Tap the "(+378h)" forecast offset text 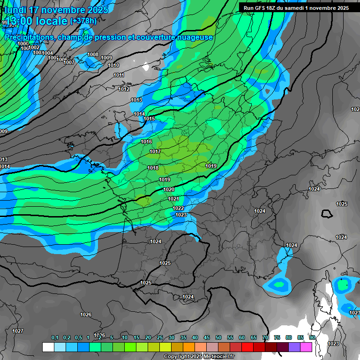[x=83, y=21]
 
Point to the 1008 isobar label [x=93, y=55]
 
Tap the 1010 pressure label [x=113, y=66]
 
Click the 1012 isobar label [x=124, y=89]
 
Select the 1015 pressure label [x=149, y=119]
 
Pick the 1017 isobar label [x=155, y=151]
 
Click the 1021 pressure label [x=173, y=199]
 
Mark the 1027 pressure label [x=18, y=331]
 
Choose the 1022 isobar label [x=178, y=208]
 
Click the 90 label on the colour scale [x=312, y=337]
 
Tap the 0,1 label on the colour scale [x=55, y=337]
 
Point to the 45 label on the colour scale [x=207, y=337]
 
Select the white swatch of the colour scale [x=48, y=347]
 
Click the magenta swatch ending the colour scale [x=306, y=347]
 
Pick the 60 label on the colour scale [x=242, y=337]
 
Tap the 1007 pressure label [x=69, y=62]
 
